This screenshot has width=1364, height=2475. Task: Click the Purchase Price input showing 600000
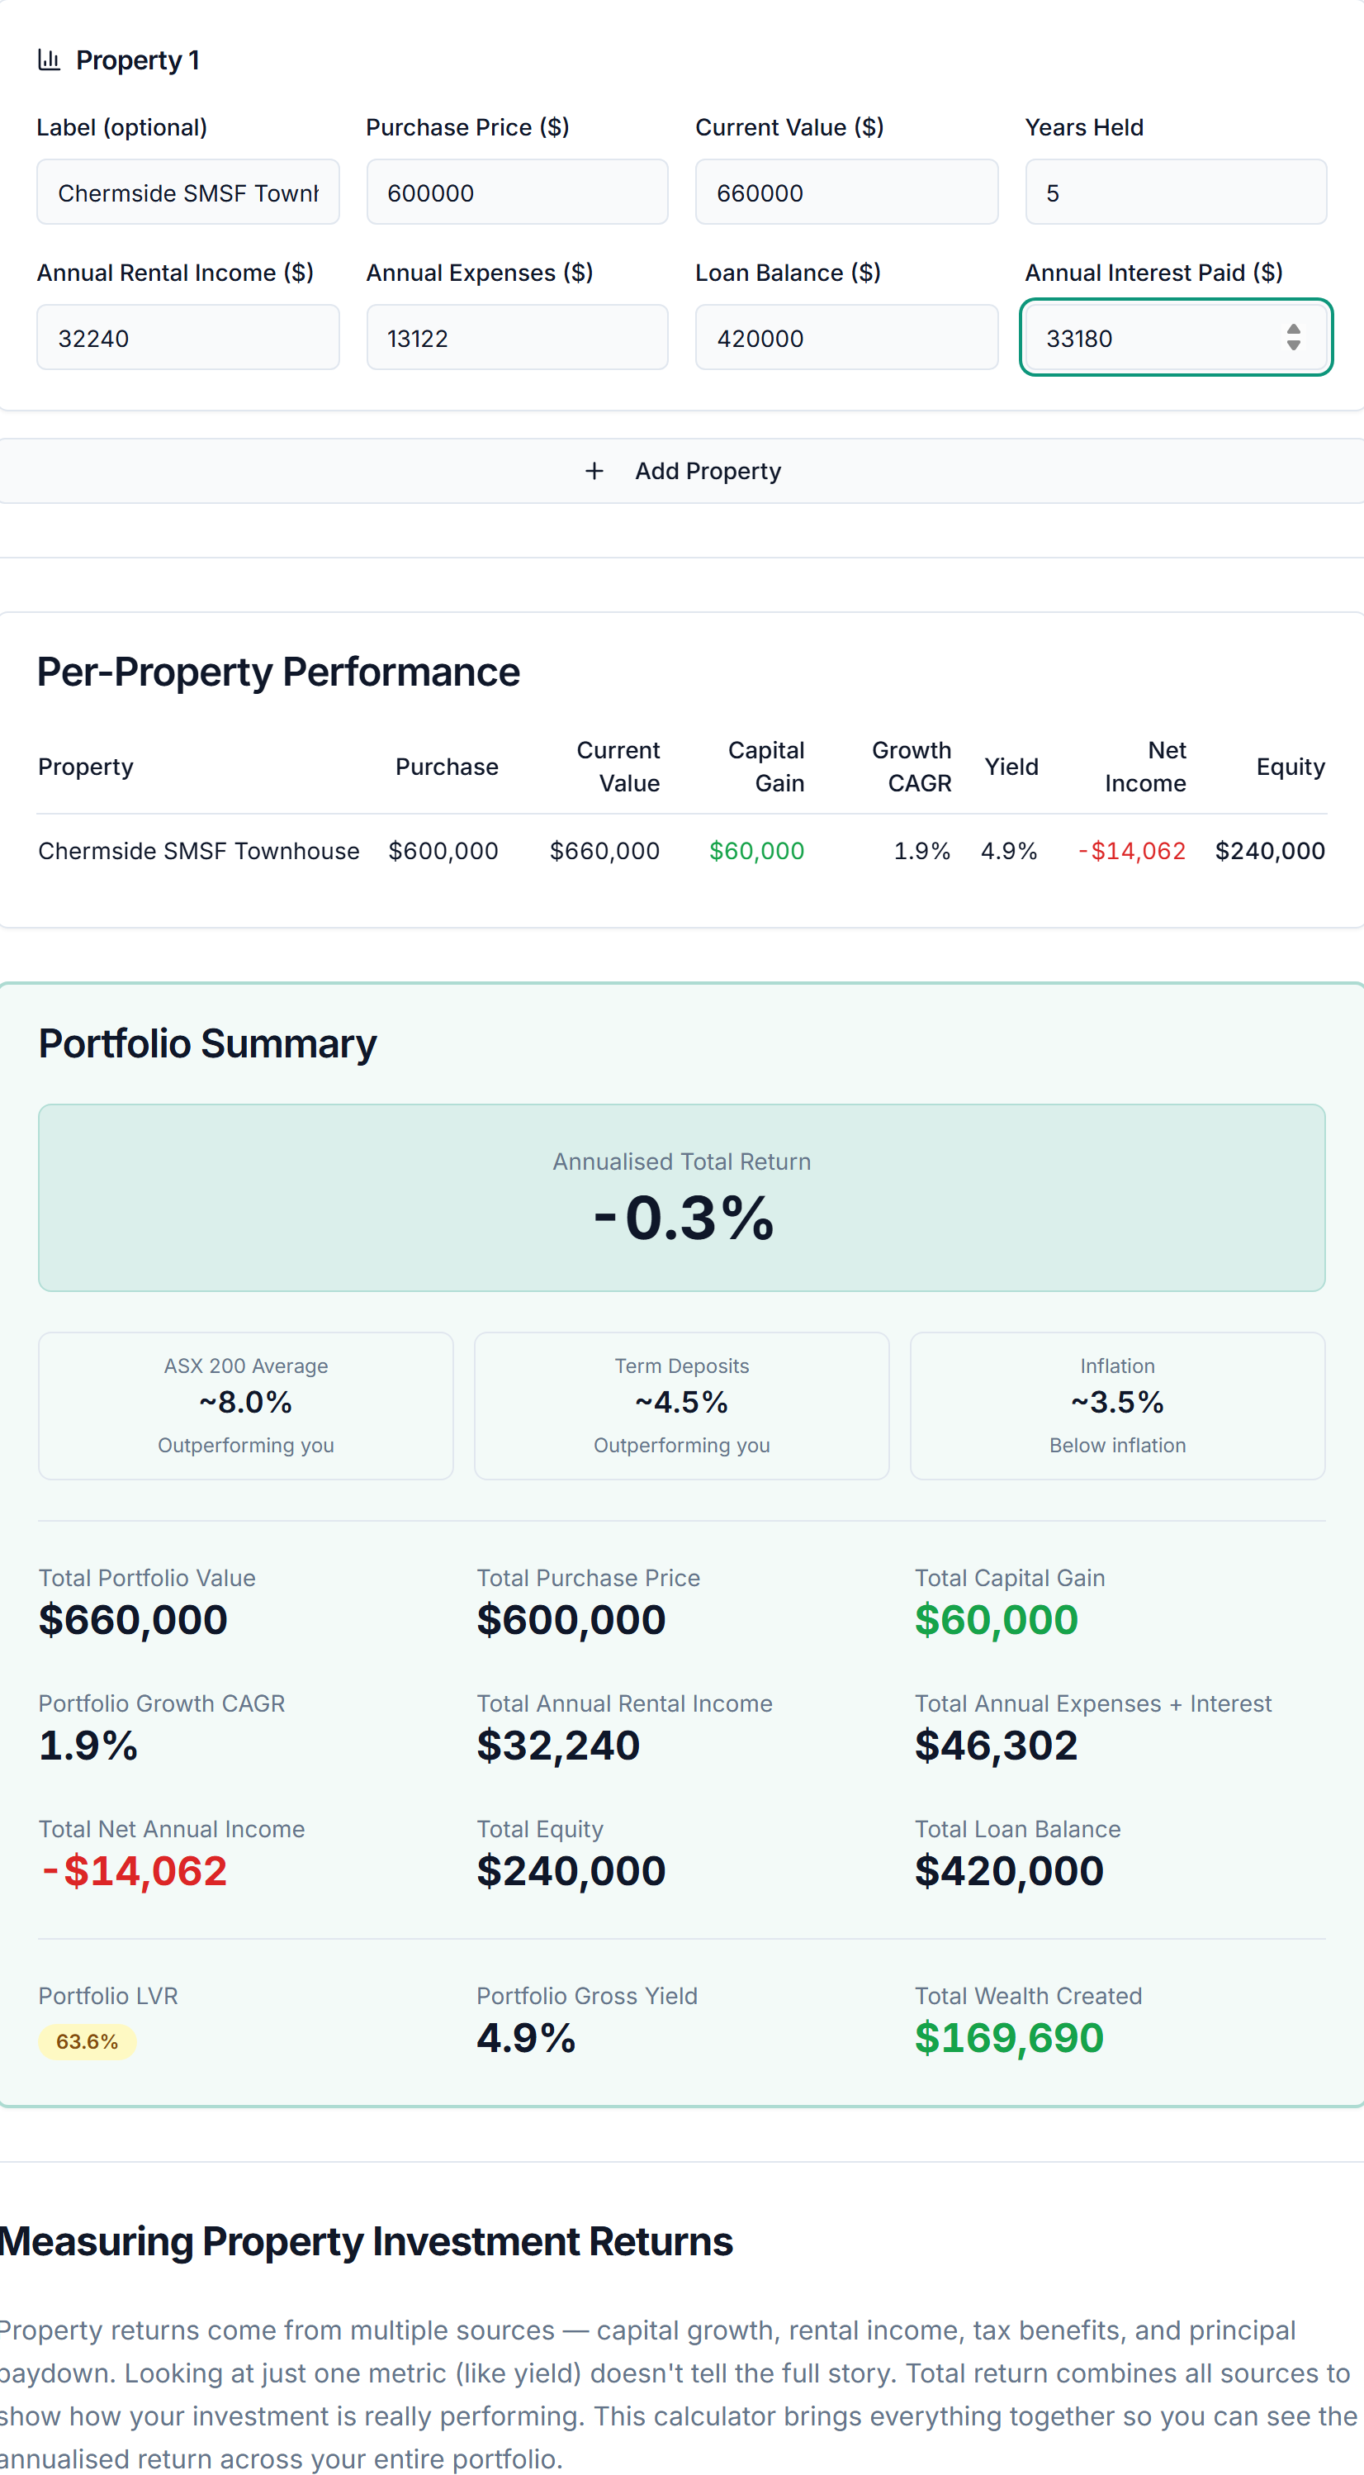(x=517, y=192)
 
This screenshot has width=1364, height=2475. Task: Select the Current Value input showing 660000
(x=845, y=192)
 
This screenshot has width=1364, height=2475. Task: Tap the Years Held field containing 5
(x=1175, y=192)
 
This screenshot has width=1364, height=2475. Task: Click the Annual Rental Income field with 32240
(x=187, y=337)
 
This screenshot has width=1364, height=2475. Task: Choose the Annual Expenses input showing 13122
(x=517, y=337)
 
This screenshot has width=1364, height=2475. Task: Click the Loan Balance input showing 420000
(x=845, y=337)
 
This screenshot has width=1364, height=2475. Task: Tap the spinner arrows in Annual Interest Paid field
(x=1293, y=337)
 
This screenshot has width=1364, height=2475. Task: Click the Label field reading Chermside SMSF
(x=187, y=192)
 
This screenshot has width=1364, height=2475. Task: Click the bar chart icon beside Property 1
(x=49, y=59)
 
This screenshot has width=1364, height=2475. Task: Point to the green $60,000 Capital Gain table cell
(x=756, y=851)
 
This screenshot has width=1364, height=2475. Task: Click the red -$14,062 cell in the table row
(x=1131, y=851)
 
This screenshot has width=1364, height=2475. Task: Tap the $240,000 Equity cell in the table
(x=1269, y=851)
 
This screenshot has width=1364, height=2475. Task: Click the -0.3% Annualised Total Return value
(x=683, y=1218)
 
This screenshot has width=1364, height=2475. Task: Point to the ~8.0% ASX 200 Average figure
(x=246, y=1403)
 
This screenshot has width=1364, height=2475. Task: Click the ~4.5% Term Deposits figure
(x=682, y=1403)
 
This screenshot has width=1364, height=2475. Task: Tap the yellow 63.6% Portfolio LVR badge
(x=88, y=2041)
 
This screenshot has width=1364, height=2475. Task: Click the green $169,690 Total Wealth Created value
(x=1009, y=2039)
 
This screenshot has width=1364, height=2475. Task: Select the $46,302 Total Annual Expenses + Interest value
(x=995, y=1746)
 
